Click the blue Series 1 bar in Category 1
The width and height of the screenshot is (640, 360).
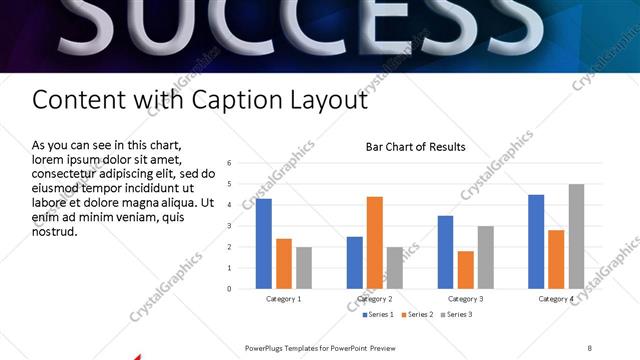coord(264,244)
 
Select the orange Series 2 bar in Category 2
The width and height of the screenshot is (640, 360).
coord(375,243)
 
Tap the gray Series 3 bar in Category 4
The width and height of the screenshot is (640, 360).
coord(576,236)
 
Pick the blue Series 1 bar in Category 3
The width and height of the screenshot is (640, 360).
coord(445,252)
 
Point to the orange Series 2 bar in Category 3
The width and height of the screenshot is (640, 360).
coord(465,270)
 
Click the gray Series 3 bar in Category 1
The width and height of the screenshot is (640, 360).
coord(304,268)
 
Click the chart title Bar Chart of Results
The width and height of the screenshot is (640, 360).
coord(415,147)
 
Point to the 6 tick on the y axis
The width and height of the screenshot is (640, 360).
coord(230,163)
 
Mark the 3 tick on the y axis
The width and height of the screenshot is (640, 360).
coord(230,226)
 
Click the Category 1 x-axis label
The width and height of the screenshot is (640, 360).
coord(284,299)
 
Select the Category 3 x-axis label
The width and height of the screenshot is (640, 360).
coord(465,299)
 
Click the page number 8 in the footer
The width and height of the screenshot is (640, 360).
coord(589,347)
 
